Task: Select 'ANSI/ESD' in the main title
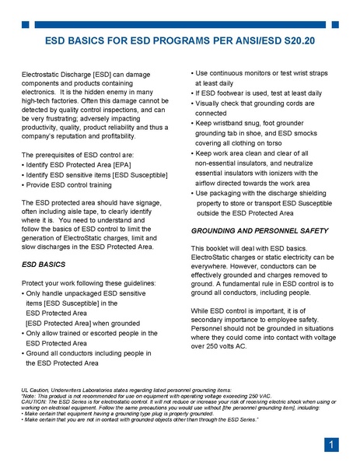233,39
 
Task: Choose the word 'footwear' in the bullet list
233,93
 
